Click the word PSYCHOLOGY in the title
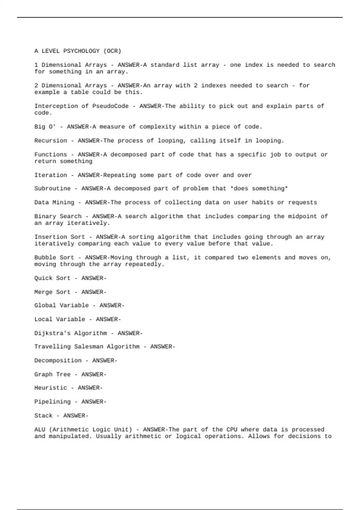81,51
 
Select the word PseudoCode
110,106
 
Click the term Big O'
45,127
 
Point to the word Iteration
51,175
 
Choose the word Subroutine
52,189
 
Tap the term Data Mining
54,202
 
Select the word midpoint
302,216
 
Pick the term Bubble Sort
54,258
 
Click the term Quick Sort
52,278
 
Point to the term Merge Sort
52,292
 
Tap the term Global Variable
61,305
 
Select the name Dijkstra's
52,333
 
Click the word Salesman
89,347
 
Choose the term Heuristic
51,388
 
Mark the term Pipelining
52,402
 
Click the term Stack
43,416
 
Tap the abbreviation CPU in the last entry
232,430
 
